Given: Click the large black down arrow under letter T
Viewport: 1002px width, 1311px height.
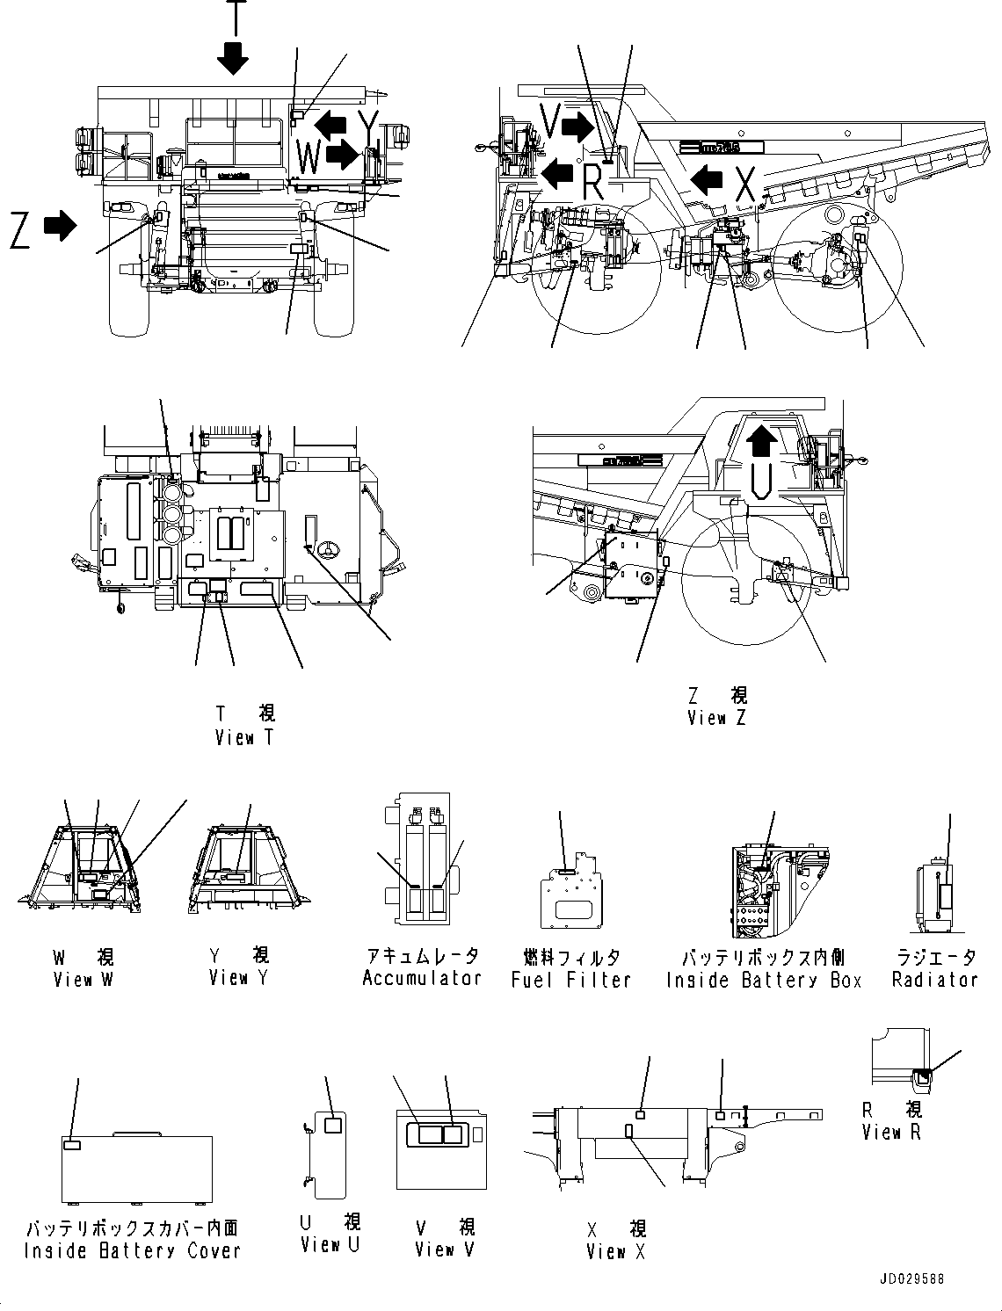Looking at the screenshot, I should [x=234, y=58].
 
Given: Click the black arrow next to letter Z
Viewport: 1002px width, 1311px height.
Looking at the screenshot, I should [x=59, y=226].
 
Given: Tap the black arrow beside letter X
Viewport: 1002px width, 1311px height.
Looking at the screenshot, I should [x=706, y=181].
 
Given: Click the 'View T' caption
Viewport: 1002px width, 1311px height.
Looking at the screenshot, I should [x=244, y=738].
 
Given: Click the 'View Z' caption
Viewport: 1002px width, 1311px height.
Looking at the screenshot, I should [x=716, y=718].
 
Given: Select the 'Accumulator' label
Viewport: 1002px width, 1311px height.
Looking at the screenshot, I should [x=422, y=978].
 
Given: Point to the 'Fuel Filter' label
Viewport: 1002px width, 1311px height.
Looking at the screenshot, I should [x=571, y=980].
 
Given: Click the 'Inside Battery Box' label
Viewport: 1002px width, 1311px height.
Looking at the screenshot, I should [x=764, y=980].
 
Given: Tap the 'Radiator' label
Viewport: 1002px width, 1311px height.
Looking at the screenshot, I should [x=934, y=980].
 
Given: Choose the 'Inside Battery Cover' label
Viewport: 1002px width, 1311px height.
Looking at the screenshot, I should [x=132, y=1250].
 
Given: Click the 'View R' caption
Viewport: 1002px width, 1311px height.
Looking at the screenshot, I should [x=891, y=1133].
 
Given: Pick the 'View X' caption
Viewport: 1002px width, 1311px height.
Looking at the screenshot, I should [x=615, y=1252].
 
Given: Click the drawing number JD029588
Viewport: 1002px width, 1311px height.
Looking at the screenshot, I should [x=910, y=1279].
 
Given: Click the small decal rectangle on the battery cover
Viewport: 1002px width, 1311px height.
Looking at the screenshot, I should [x=73, y=1144].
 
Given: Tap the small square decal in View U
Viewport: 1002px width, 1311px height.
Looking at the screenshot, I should [x=333, y=1126].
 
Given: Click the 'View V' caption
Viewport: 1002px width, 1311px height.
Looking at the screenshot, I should [x=445, y=1249].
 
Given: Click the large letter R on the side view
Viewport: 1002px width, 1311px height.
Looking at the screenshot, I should [x=593, y=184].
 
